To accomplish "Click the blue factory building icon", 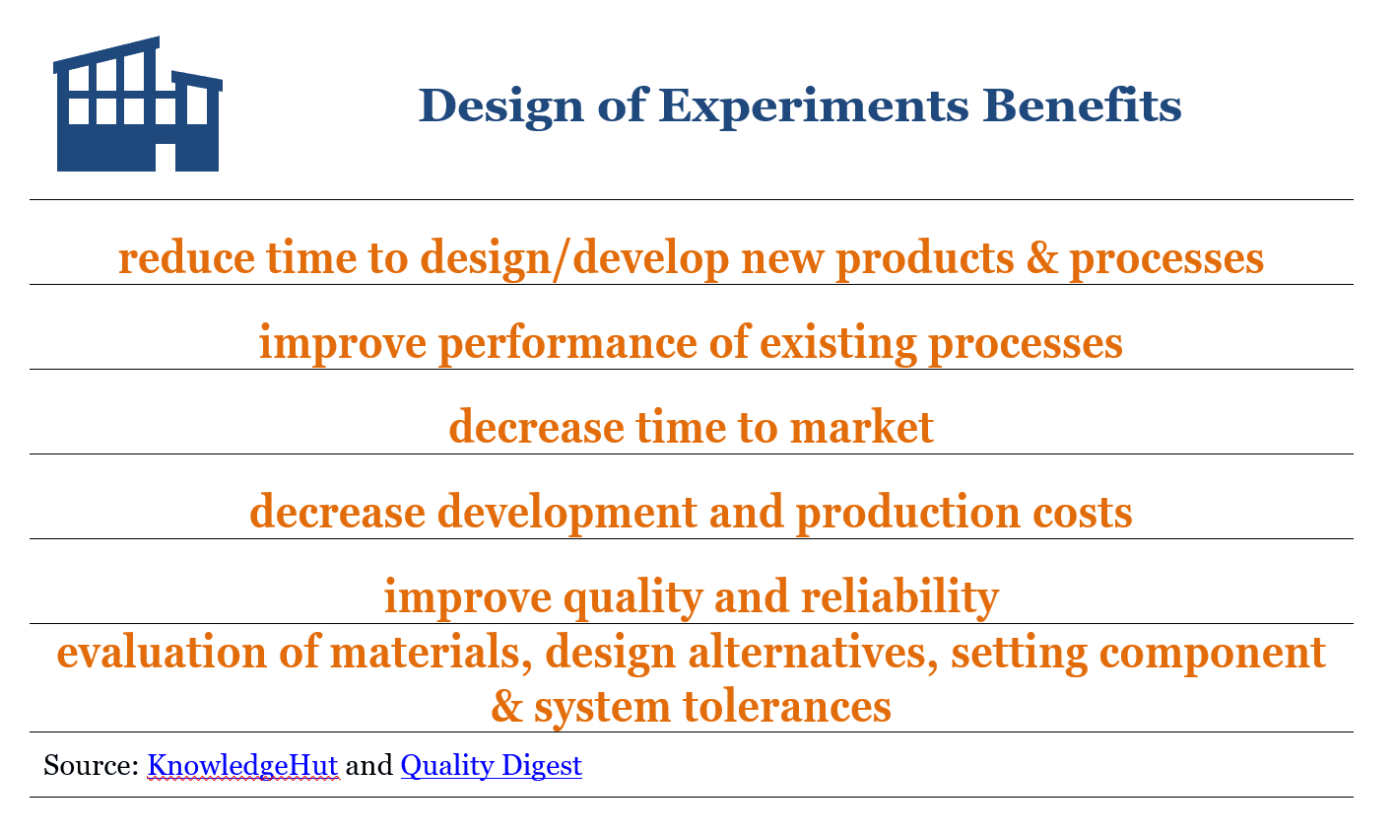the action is pyautogui.click(x=138, y=104).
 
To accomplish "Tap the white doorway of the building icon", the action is pyautogui.click(x=166, y=157).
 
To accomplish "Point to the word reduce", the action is pyautogui.click(x=186, y=257).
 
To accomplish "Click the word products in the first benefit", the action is pyautogui.click(x=925, y=259).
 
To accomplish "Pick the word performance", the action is pyautogui.click(x=567, y=344).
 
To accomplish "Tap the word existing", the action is pyautogui.click(x=838, y=344).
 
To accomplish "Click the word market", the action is pyautogui.click(x=861, y=428).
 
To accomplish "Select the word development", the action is pyautogui.click(x=566, y=514).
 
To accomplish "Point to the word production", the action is pyautogui.click(x=907, y=514).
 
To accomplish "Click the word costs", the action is pyautogui.click(x=1083, y=514).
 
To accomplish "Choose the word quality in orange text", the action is pyautogui.click(x=632, y=598).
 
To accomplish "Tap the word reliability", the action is pyautogui.click(x=899, y=598).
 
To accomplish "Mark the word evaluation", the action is pyautogui.click(x=162, y=652).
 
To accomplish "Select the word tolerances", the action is pyautogui.click(x=787, y=707).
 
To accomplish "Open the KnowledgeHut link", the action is pyautogui.click(x=242, y=766).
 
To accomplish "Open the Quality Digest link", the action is pyautogui.click(x=491, y=766).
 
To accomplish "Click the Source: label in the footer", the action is pyautogui.click(x=91, y=765).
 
